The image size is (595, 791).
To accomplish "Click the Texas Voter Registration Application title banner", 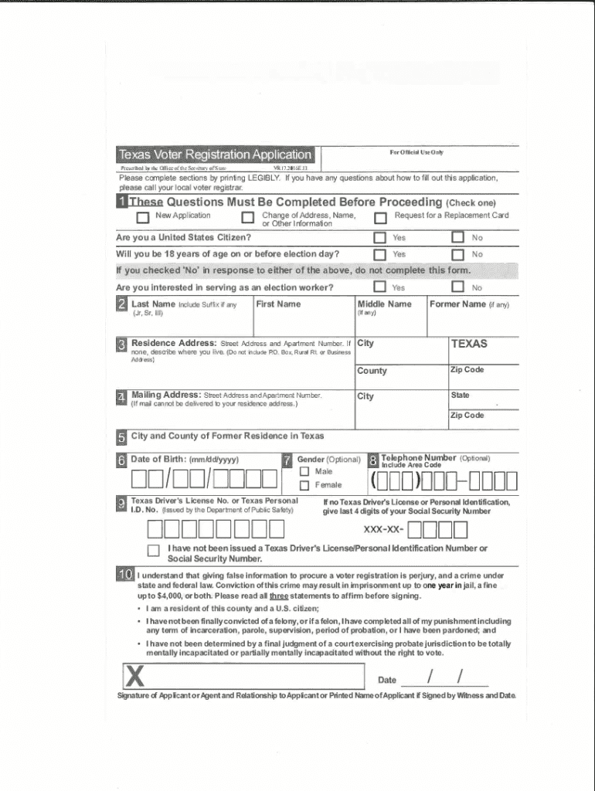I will coord(214,154).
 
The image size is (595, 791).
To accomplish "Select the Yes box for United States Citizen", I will coord(380,238).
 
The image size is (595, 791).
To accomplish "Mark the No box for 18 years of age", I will coord(457,254).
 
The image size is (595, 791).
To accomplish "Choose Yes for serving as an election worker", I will coord(380,287).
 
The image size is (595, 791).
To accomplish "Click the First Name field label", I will coord(278,304).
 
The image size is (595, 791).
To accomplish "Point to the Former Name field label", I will coord(457,304).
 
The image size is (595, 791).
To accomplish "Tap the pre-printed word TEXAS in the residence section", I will coord(469,344).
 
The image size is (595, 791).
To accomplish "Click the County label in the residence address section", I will coord(372,371).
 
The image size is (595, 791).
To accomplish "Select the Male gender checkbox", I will coord(304,471).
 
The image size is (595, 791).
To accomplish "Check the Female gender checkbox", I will coord(304,485).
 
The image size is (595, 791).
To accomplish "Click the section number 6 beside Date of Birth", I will coord(122,460).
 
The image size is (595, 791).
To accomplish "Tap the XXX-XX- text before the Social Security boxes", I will coord(384,530).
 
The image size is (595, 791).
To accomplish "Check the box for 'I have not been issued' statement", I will coord(153,551).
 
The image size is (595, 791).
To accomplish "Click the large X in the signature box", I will coord(135,677).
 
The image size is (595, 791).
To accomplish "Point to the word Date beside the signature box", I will coord(387,681).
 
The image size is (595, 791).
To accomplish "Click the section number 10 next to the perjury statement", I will coord(125,575).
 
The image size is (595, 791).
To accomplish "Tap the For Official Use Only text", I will coord(416,153).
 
